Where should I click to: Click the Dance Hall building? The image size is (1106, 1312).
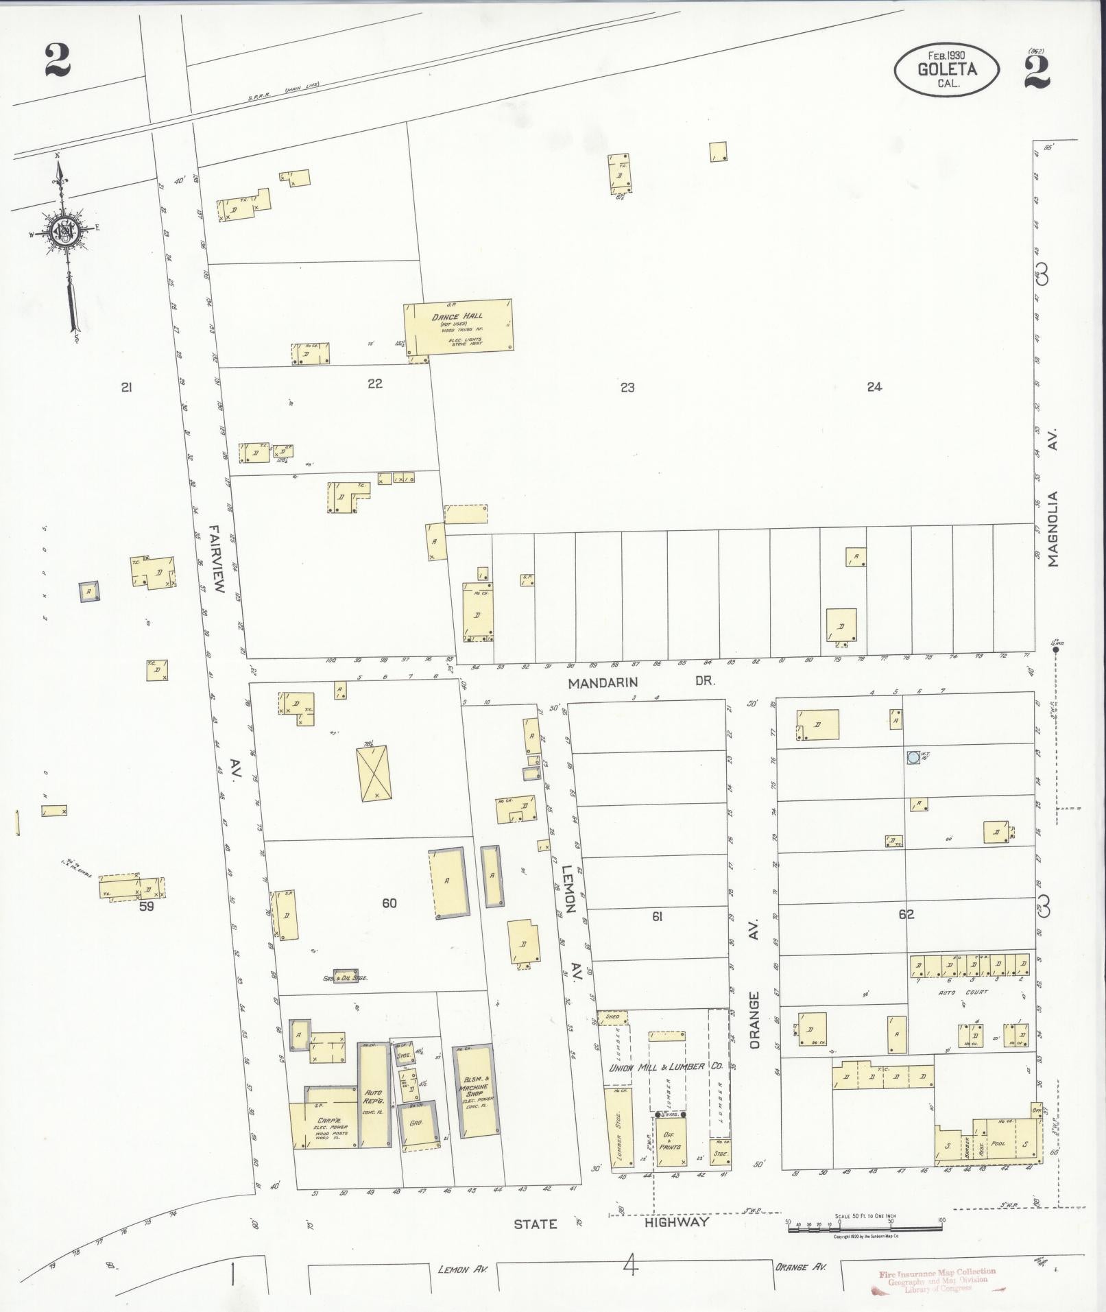(x=458, y=326)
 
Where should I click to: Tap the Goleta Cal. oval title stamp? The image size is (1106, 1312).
(x=946, y=69)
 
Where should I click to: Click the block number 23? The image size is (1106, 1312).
(x=627, y=387)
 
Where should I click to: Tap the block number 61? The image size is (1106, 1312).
(x=657, y=916)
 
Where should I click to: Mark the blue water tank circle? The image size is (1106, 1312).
(x=913, y=757)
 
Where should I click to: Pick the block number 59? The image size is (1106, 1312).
(x=145, y=906)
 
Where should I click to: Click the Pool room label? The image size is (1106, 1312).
(x=998, y=1143)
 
